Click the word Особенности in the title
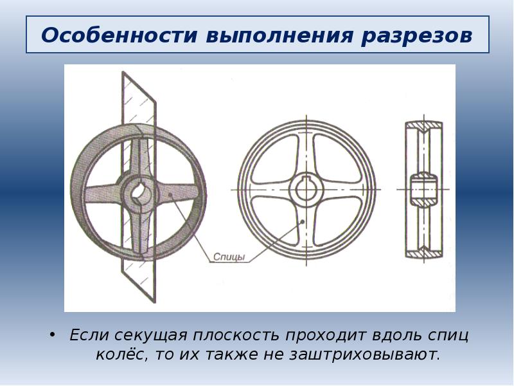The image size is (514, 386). (x=119, y=35)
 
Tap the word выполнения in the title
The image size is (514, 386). (x=279, y=36)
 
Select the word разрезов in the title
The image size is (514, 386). (x=416, y=36)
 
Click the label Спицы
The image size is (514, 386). (x=229, y=257)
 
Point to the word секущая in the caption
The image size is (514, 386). (x=151, y=335)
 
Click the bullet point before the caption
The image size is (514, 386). (x=52, y=335)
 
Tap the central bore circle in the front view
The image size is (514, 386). (x=306, y=189)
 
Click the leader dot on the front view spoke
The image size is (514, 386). (x=303, y=221)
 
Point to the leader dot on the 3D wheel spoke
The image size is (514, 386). (x=170, y=196)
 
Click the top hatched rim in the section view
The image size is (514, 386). (x=424, y=126)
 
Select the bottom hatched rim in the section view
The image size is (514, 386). (x=424, y=252)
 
